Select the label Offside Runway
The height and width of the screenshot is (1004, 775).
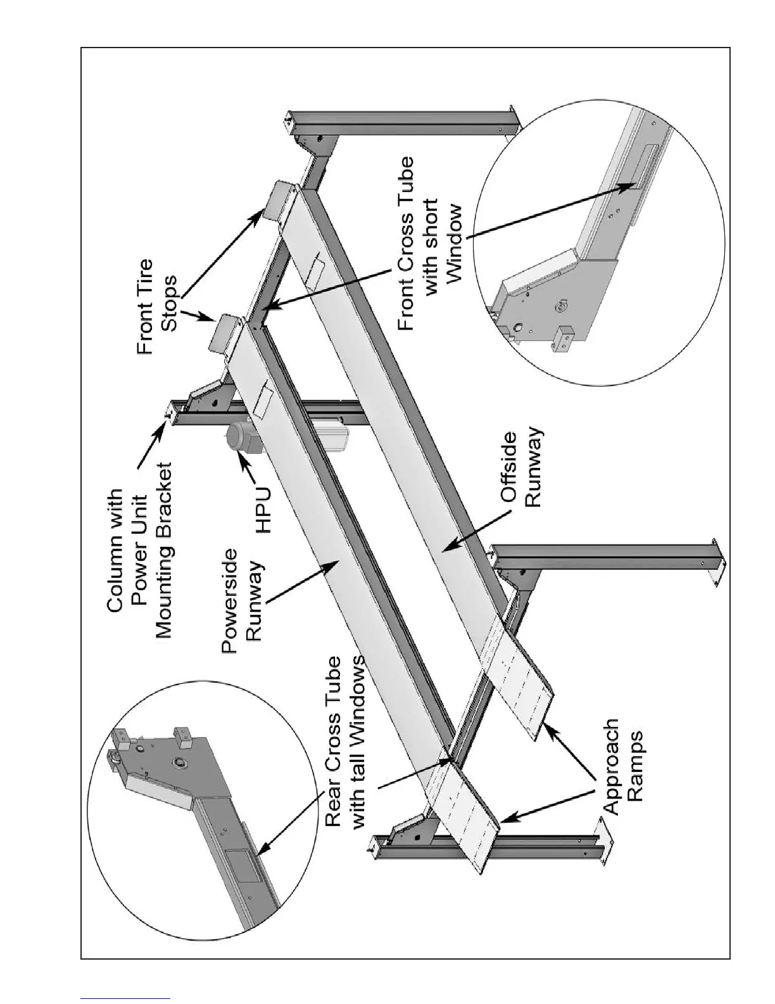coord(521,468)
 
